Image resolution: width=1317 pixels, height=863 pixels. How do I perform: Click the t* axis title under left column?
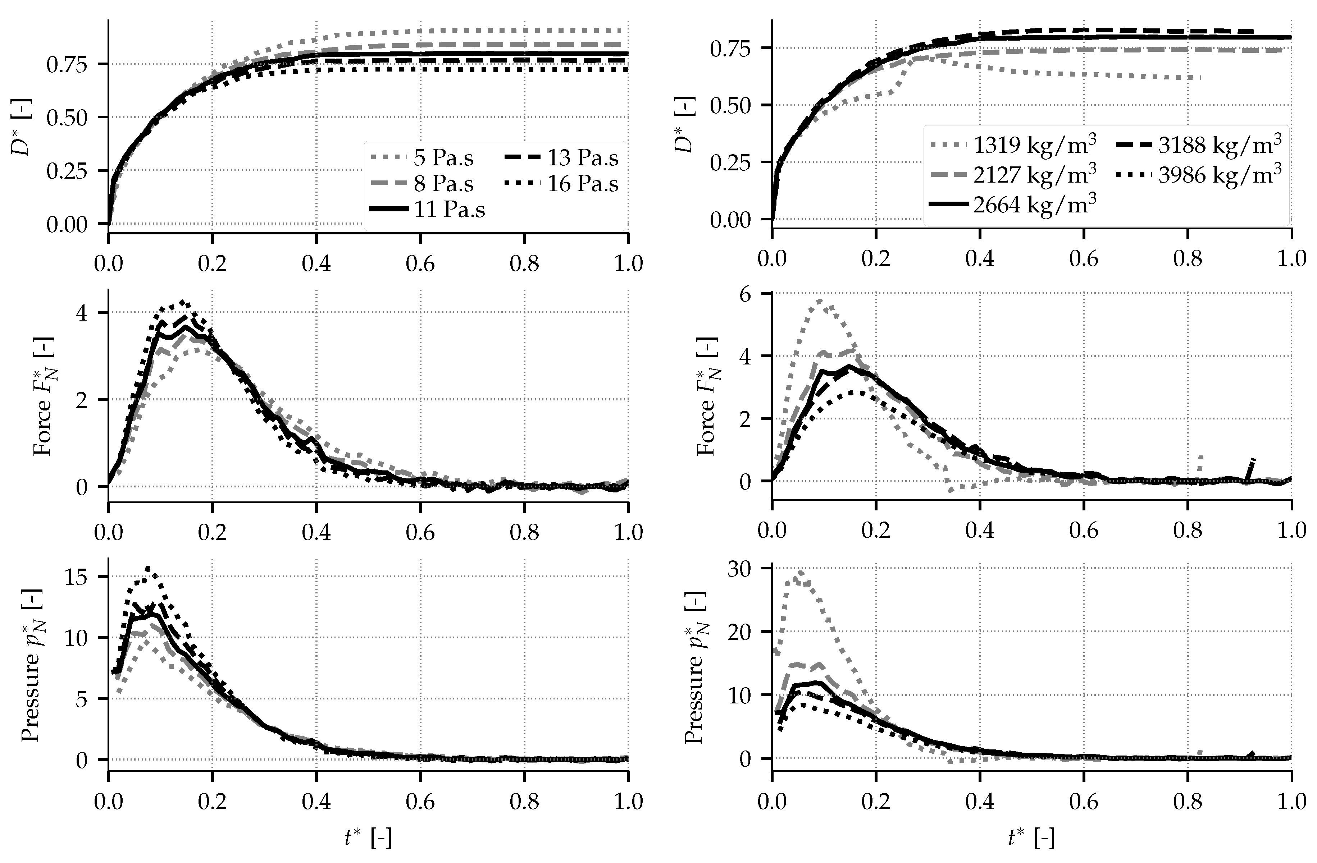368,839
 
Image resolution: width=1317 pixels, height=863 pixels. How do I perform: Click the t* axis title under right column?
1031,839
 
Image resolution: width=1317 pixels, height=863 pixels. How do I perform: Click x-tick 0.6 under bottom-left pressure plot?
420,802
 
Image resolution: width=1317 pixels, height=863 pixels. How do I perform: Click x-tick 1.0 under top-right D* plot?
1291,259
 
